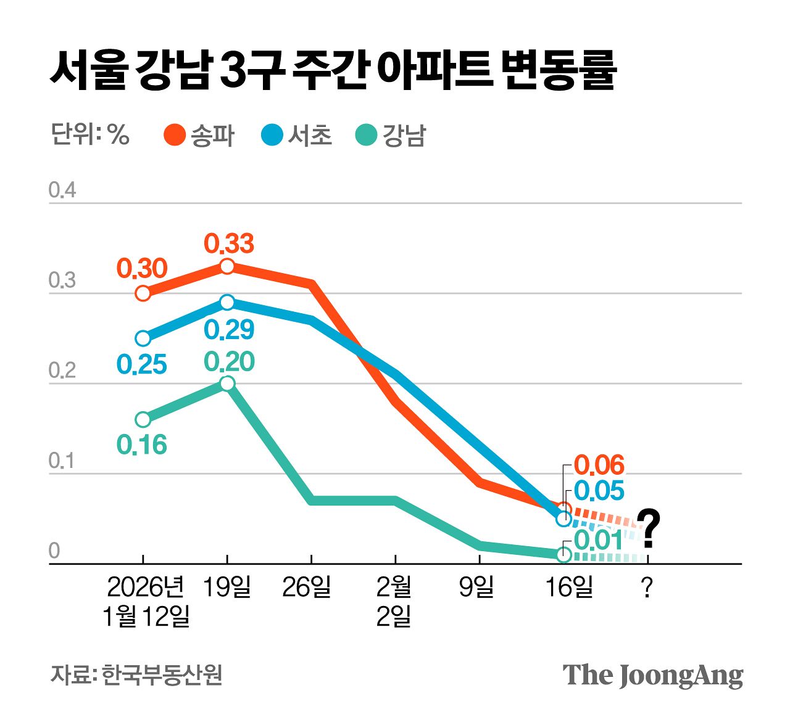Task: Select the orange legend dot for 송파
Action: coord(175,135)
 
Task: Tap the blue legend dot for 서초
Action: coord(272,135)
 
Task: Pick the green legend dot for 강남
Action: coord(367,135)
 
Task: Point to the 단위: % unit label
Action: coord(90,134)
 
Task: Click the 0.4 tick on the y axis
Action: coord(62,190)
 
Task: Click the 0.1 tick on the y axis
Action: coord(62,461)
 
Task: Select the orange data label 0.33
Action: coord(229,244)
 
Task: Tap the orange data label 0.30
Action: coord(142,269)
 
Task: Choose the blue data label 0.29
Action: coord(229,330)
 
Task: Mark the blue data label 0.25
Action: coord(142,365)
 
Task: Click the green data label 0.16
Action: coord(142,445)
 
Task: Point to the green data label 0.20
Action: coord(229,362)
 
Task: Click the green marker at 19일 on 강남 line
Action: coord(227,383)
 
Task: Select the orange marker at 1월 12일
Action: coord(143,293)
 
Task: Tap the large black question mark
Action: coord(648,528)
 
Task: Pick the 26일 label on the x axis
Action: coord(307,588)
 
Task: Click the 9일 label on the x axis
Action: coord(476,588)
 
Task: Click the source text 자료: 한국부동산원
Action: coord(136,675)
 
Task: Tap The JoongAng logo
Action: coord(652,676)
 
